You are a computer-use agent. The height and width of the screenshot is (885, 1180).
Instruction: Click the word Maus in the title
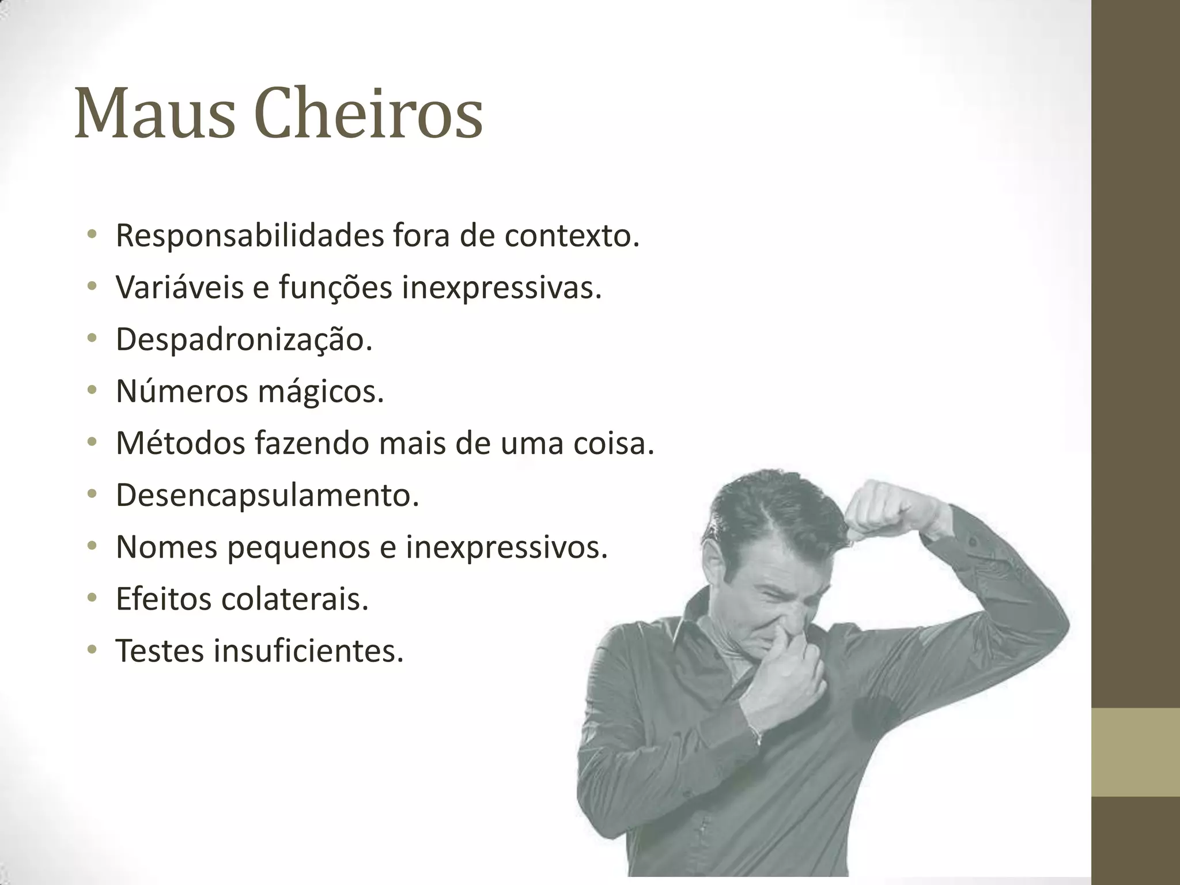coord(154,113)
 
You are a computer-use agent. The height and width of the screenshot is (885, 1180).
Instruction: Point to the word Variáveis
coord(179,287)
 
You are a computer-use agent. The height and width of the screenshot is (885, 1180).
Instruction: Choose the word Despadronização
coord(244,339)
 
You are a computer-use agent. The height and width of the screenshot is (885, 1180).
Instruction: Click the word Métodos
coord(180,442)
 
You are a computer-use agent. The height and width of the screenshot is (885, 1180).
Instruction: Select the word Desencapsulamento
coord(267,494)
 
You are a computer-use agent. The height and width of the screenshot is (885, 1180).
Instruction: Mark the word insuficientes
coord(308,650)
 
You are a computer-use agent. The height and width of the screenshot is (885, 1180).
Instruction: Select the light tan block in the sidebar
coord(1136,753)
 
